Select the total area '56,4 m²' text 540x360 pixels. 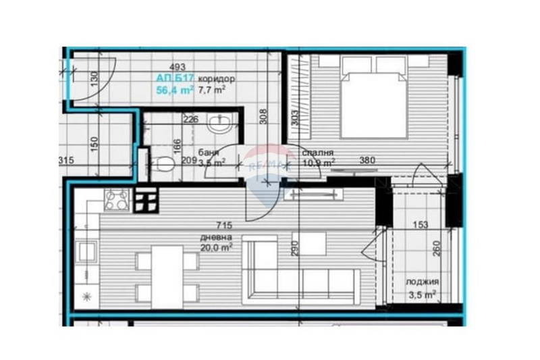[x=175, y=89]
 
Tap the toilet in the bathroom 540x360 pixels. [x=159, y=163]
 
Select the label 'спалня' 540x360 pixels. [x=316, y=152]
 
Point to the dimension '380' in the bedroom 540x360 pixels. [x=367, y=161]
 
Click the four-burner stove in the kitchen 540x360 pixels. [x=117, y=200]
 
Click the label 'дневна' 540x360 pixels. [x=215, y=238]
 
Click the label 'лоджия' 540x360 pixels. [x=423, y=282]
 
